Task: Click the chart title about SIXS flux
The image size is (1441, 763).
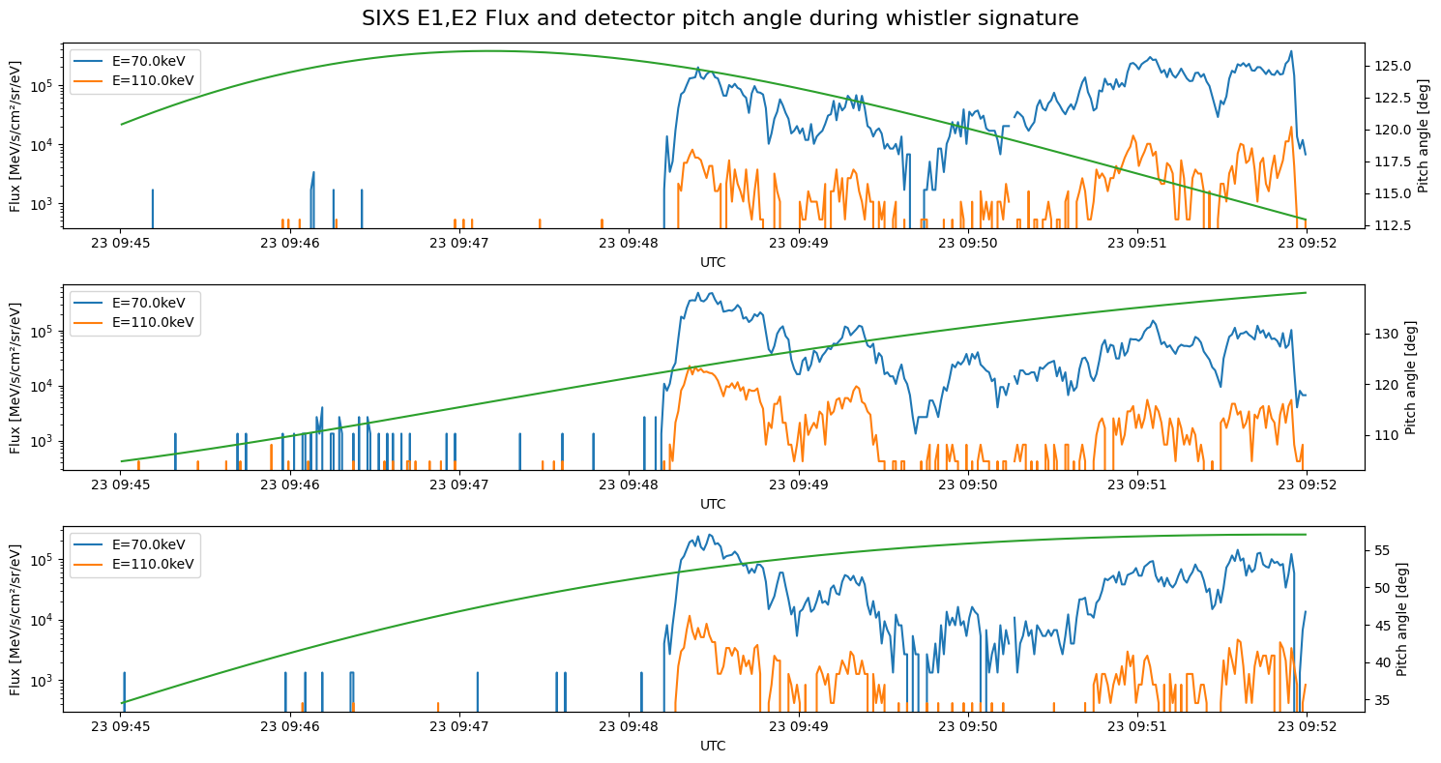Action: tap(720, 18)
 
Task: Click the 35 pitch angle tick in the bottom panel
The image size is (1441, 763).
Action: tap(1380, 699)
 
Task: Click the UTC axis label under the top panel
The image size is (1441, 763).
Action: tap(713, 262)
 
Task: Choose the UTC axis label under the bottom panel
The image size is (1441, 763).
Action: tap(713, 746)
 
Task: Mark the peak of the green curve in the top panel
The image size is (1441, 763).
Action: tap(488, 50)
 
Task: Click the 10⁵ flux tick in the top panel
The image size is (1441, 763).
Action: tap(44, 86)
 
